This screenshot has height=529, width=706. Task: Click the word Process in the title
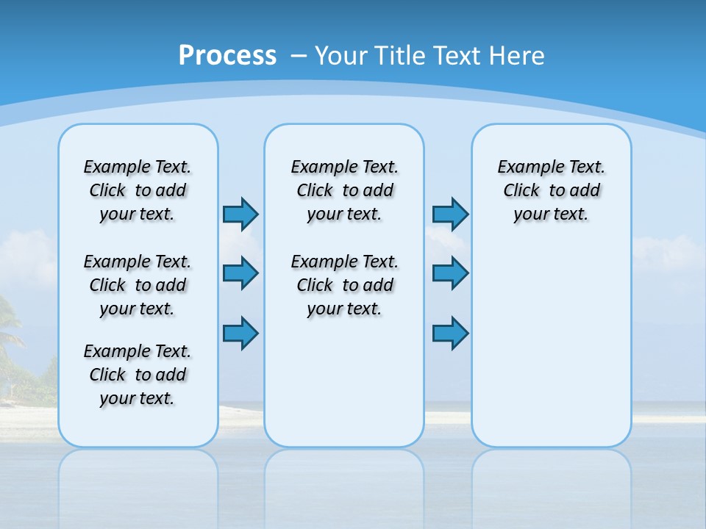click(x=227, y=56)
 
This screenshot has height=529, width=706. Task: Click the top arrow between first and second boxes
click(x=240, y=215)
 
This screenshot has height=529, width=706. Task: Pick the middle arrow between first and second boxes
click(x=240, y=273)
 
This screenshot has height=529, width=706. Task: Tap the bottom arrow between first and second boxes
click(x=240, y=334)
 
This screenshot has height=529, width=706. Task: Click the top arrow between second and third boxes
click(x=450, y=215)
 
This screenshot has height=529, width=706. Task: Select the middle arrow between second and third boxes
click(x=450, y=273)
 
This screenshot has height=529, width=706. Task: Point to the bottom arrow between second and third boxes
click(x=450, y=334)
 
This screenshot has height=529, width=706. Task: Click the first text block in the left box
click(x=138, y=190)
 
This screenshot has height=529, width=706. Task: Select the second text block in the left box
click(x=138, y=285)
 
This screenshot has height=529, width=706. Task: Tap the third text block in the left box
click(x=138, y=375)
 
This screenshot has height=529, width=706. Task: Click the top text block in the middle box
click(x=345, y=190)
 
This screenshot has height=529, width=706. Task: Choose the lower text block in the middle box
click(x=345, y=285)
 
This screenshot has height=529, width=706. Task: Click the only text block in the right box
click(x=552, y=190)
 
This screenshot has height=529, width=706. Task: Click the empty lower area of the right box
click(x=552, y=353)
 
